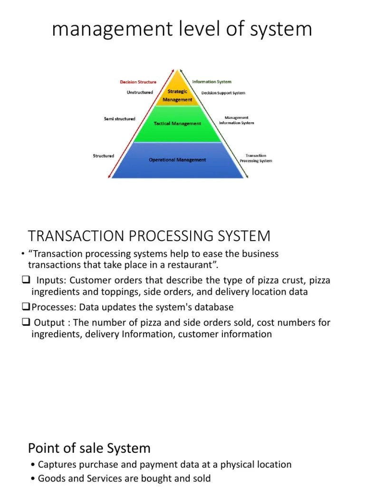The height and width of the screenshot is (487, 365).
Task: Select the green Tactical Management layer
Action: (x=177, y=124)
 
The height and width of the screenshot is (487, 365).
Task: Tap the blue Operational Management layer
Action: (x=177, y=160)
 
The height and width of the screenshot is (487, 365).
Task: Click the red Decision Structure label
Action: (x=138, y=82)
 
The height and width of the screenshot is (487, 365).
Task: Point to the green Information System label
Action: (x=211, y=82)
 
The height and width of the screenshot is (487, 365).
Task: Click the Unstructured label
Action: (x=140, y=92)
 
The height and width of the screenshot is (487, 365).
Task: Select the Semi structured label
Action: (x=119, y=119)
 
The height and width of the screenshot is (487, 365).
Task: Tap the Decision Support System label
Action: (x=223, y=93)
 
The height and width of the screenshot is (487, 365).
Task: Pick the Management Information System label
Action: (x=236, y=120)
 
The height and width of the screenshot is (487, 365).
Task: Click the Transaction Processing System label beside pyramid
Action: (x=256, y=158)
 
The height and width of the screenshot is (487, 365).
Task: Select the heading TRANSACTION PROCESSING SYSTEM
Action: (x=149, y=236)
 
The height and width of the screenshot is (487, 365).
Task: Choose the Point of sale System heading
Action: (x=89, y=448)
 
